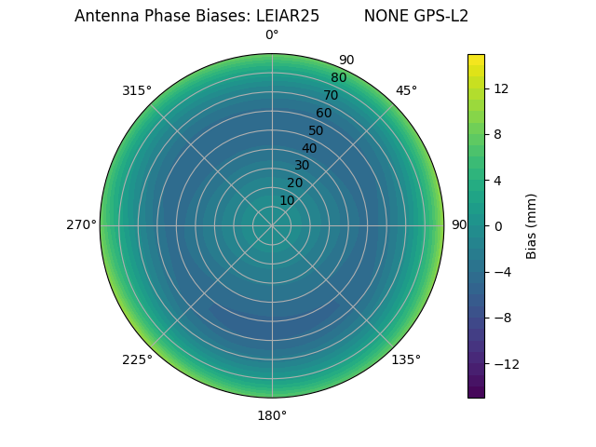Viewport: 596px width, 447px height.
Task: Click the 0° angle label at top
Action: (x=272, y=35)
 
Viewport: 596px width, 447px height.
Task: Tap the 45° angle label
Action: (x=406, y=90)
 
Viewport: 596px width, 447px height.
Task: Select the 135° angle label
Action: (x=406, y=359)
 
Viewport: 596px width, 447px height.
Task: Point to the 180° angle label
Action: (x=272, y=415)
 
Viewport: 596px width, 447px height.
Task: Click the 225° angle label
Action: (x=137, y=359)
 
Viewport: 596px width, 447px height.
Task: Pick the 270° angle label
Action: (x=81, y=224)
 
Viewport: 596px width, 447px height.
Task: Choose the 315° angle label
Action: (x=137, y=90)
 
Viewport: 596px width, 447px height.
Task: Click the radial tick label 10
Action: (x=287, y=200)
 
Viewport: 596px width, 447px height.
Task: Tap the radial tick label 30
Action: (x=302, y=166)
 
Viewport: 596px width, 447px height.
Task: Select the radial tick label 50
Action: (x=316, y=130)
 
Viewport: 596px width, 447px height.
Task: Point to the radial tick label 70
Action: (x=331, y=95)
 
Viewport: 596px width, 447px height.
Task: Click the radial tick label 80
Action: (x=338, y=78)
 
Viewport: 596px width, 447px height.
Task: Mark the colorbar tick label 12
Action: (x=500, y=88)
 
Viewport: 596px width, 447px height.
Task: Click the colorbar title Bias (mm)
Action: (x=532, y=225)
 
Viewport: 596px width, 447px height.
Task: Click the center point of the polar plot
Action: (x=272, y=225)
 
